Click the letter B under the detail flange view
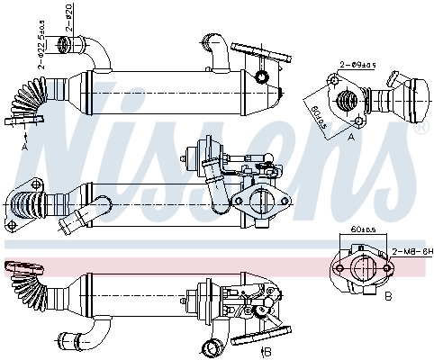point(386,294)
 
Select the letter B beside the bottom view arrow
point(269,351)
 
